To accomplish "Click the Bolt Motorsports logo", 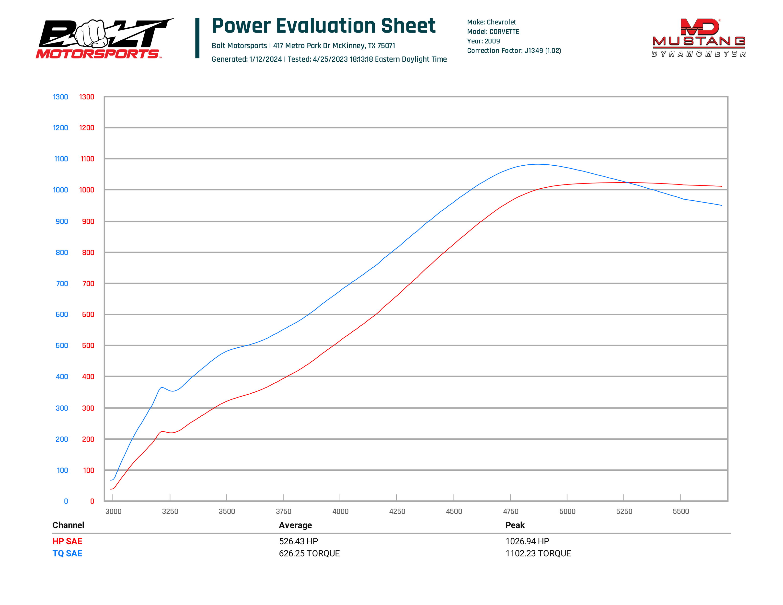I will coord(104,39).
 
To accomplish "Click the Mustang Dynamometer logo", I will coord(698,38).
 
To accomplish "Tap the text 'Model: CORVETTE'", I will coord(493,32).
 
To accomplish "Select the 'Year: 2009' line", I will coord(483,41).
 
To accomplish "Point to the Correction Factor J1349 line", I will coord(514,51).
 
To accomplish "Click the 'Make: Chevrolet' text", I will coord(492,22).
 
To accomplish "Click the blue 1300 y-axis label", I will coord(60,97).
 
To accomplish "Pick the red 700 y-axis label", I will coord(88,284).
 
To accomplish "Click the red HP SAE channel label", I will coord(67,541).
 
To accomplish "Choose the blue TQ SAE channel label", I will coord(67,553).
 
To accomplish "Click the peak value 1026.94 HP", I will coord(527,541).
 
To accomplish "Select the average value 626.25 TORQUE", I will coord(309,553).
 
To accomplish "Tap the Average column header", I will coord(295,525).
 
